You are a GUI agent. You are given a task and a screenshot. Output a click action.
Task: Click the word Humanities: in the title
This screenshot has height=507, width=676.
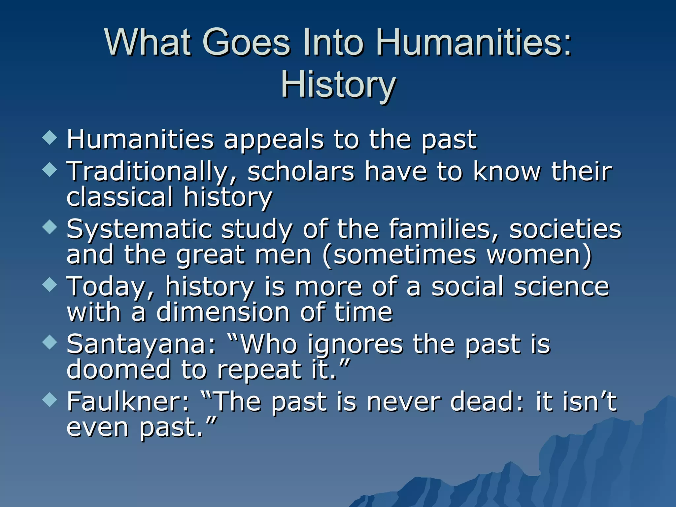coord(474,43)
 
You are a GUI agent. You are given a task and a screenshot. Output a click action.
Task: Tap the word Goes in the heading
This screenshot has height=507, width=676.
coord(246,43)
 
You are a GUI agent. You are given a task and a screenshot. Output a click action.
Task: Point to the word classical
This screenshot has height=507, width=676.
coord(119,197)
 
